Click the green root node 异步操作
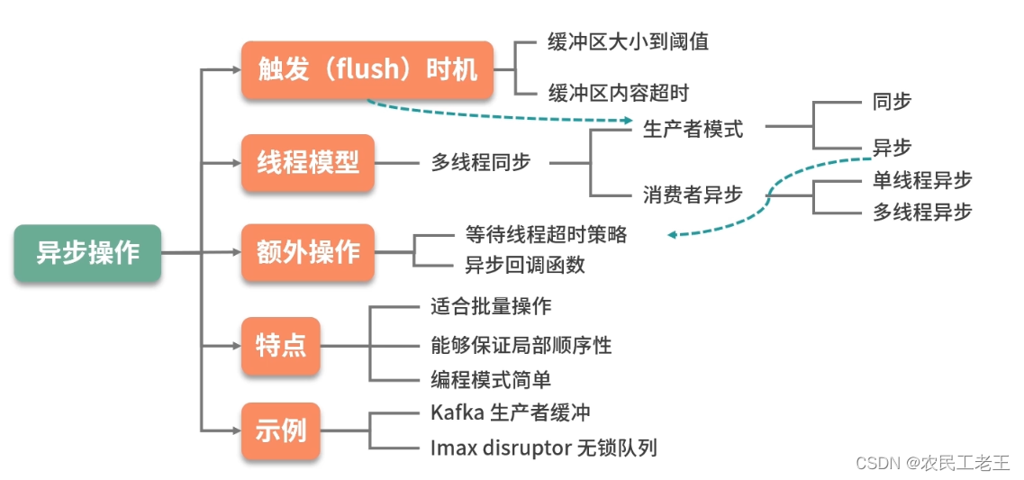coord(87,253)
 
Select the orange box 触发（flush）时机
coord(367,70)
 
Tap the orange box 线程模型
coord(308,162)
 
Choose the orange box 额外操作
coord(308,253)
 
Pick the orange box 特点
coord(281,345)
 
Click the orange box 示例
coord(281,430)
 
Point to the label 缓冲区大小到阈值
coord(628,42)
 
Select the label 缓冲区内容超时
coord(619,93)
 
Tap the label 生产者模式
coord(693,129)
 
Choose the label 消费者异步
coord(693,195)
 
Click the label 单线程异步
coord(922,180)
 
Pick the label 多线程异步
coord(922,213)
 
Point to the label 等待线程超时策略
coord(546,235)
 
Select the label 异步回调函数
coord(524,265)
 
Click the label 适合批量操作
coord(491,307)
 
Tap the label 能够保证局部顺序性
coord(521,345)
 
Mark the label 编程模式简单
coord(491,379)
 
